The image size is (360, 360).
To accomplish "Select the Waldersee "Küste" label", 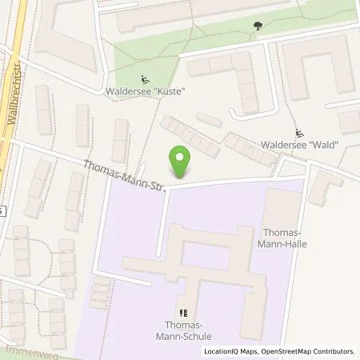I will (x=145, y=92).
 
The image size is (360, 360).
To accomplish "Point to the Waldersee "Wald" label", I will (x=300, y=145).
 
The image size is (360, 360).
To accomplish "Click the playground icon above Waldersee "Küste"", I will (x=145, y=79).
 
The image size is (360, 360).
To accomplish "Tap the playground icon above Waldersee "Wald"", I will (x=300, y=133).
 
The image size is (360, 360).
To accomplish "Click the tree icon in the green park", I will (x=257, y=26).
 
